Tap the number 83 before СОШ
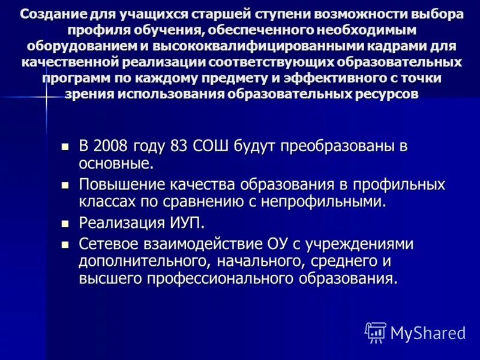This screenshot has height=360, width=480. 179,146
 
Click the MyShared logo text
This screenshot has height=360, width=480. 428,332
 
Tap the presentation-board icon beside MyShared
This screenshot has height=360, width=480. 375,332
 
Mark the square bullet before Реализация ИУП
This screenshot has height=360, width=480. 66,224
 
